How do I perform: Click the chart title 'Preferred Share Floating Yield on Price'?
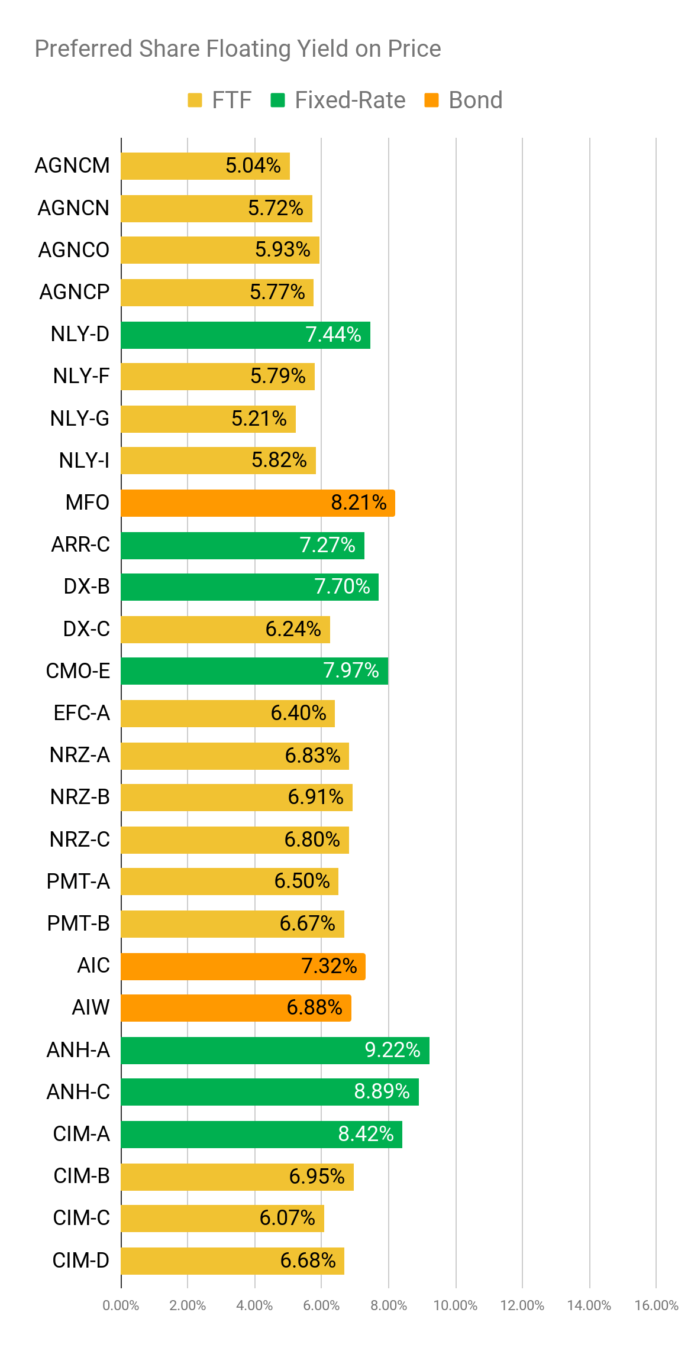click(238, 49)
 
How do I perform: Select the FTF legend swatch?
click(195, 101)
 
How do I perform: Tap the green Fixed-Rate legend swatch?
click(277, 101)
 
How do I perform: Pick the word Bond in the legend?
click(476, 101)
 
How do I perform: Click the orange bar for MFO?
click(258, 503)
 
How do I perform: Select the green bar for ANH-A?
click(275, 1051)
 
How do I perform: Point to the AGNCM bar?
click(205, 166)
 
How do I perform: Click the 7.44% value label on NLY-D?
click(334, 335)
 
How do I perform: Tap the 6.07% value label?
click(288, 1218)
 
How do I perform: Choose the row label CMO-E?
click(78, 671)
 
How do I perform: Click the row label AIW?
click(91, 1007)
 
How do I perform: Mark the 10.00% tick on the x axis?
click(456, 1305)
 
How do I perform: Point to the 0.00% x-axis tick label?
click(121, 1305)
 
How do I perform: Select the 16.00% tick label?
click(656, 1305)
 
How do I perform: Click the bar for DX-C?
click(225, 630)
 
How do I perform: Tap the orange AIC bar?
click(243, 967)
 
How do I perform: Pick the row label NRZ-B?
click(80, 798)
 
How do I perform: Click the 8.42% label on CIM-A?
click(366, 1134)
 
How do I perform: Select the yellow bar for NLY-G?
click(208, 419)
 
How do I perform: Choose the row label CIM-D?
click(81, 1260)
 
